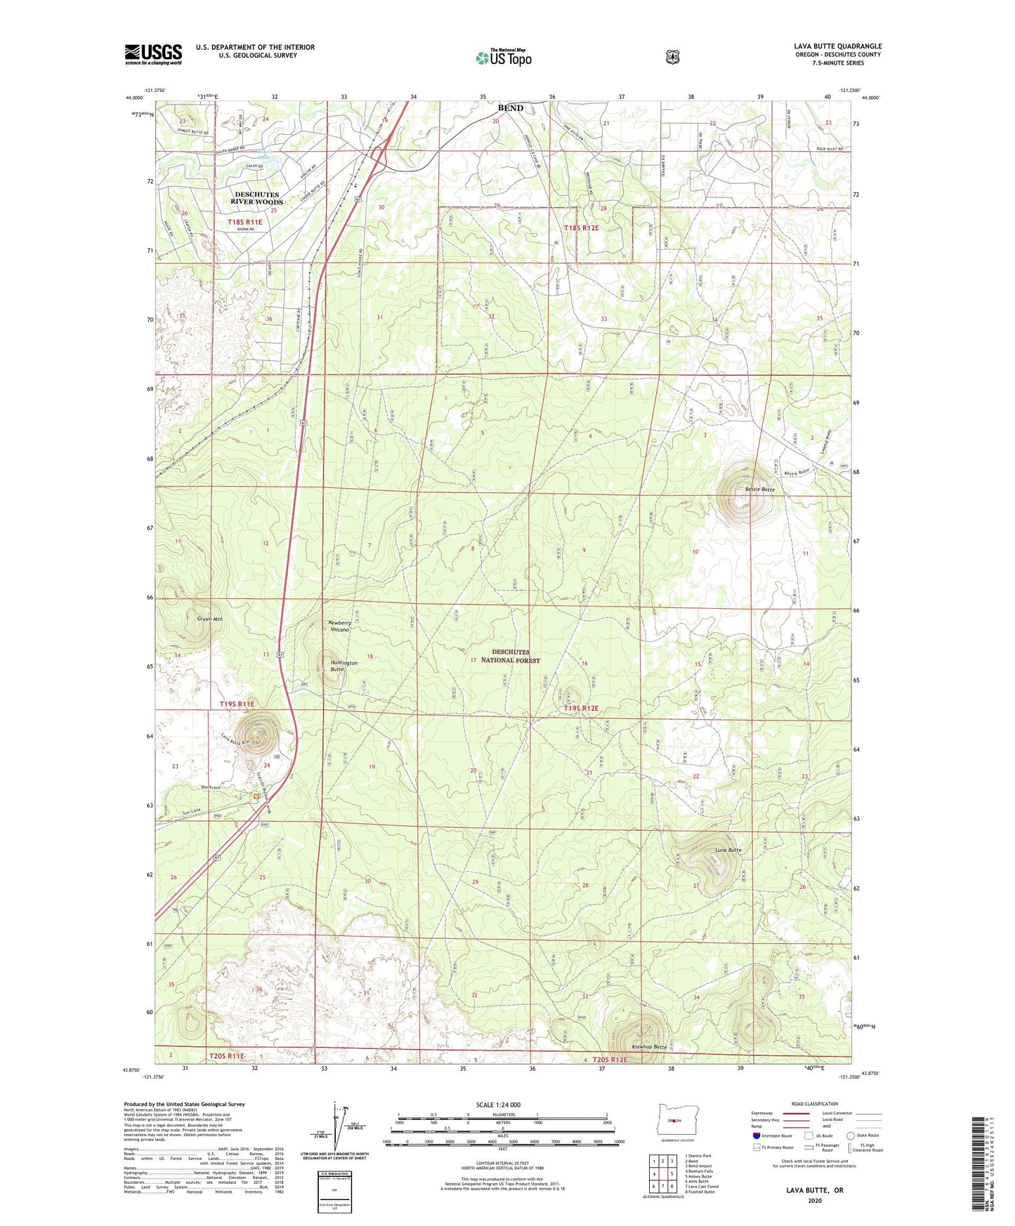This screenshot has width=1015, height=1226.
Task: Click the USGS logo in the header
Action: click(x=153, y=54)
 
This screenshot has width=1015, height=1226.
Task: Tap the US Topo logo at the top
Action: click(x=502, y=58)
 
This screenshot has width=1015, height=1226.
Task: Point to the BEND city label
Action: click(x=510, y=108)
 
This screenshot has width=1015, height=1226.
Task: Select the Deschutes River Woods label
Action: click(x=257, y=198)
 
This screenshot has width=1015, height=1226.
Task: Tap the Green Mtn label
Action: click(x=209, y=619)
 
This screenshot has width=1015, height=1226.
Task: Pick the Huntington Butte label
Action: click(x=343, y=666)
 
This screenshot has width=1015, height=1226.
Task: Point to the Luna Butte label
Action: click(x=728, y=850)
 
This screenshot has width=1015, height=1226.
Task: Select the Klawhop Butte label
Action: click(x=649, y=1046)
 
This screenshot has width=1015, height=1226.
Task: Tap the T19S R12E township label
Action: click(x=581, y=708)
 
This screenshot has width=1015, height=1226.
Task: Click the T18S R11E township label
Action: click(x=244, y=222)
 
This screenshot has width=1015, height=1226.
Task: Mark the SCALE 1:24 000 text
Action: click(x=498, y=1105)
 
